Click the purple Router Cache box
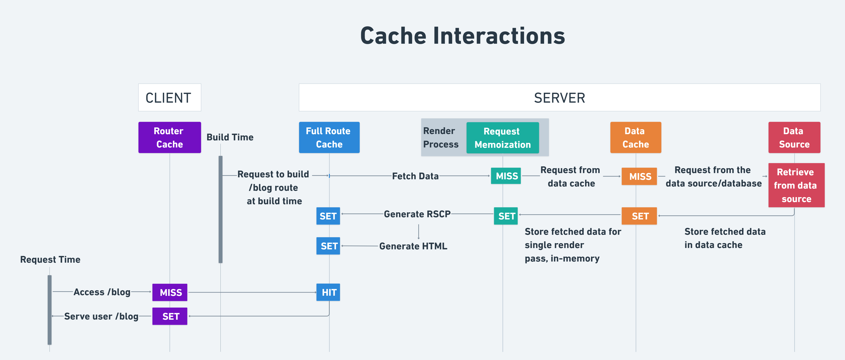click(170, 137)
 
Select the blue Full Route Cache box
click(329, 137)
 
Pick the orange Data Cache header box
click(635, 137)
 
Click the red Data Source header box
click(794, 137)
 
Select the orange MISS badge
click(639, 177)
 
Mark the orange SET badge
click(639, 216)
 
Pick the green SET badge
click(506, 216)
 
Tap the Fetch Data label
click(415, 176)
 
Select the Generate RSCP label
click(417, 214)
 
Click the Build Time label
click(230, 137)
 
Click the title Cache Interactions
click(463, 36)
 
